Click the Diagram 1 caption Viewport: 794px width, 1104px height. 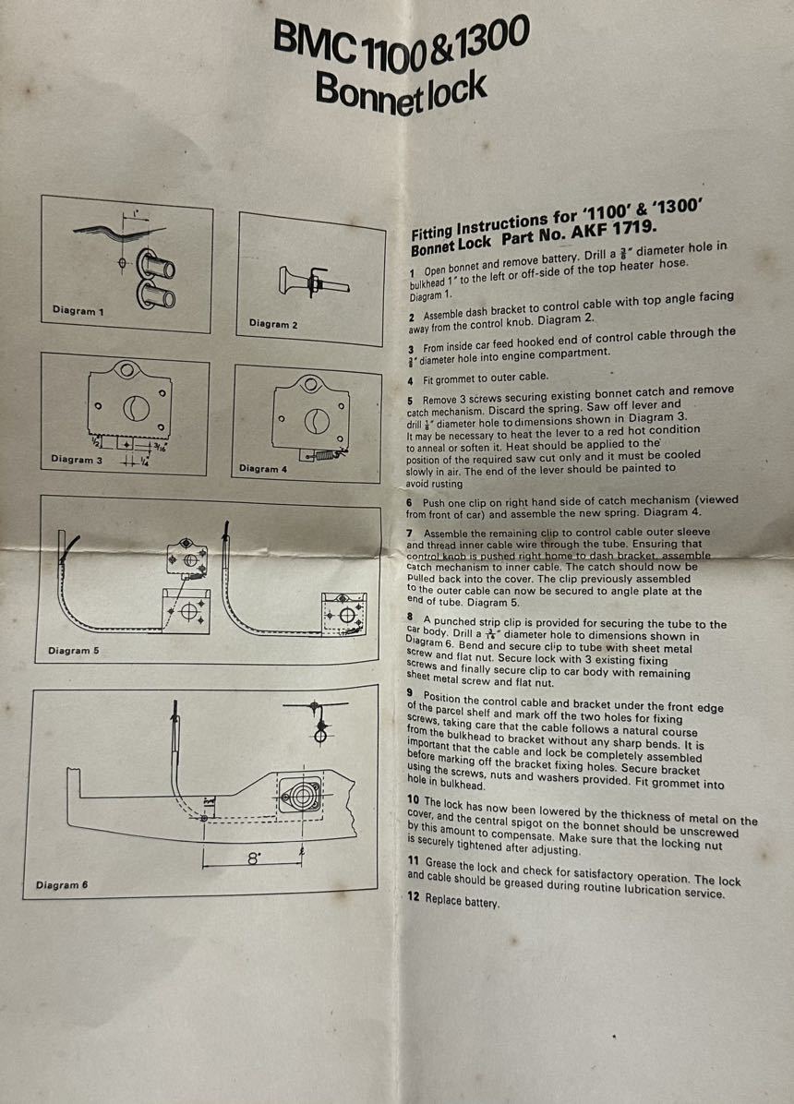78,310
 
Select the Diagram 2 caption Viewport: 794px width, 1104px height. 273,324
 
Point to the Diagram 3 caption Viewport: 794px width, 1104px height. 77,459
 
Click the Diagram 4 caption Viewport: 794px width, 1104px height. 263,468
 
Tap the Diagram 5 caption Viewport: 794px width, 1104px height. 73,651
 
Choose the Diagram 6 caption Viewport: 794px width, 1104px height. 62,884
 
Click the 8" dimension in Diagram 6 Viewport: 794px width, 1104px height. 254,859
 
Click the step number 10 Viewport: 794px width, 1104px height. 414,799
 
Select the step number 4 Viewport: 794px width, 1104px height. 410,381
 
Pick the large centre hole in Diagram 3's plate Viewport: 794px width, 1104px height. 136,408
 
